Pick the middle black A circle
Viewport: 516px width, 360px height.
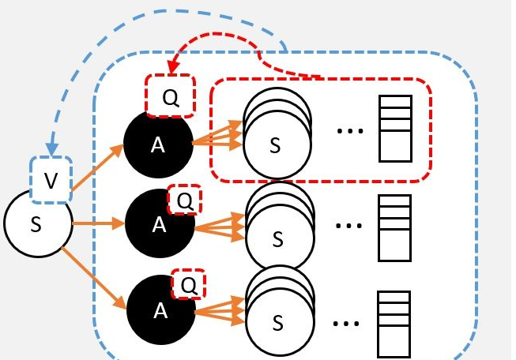point(159,224)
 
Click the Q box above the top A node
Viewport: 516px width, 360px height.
point(170,97)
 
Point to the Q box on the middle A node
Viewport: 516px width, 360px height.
point(184,201)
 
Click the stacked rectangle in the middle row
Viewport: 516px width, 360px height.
point(395,227)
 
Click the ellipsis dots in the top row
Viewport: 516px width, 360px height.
point(349,129)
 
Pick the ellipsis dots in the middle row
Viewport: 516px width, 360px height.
point(348,227)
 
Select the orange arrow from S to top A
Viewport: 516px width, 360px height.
point(98,167)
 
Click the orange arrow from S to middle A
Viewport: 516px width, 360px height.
point(96,223)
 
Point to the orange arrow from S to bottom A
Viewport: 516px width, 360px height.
point(94,277)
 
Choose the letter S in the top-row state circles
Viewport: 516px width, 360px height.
point(275,145)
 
